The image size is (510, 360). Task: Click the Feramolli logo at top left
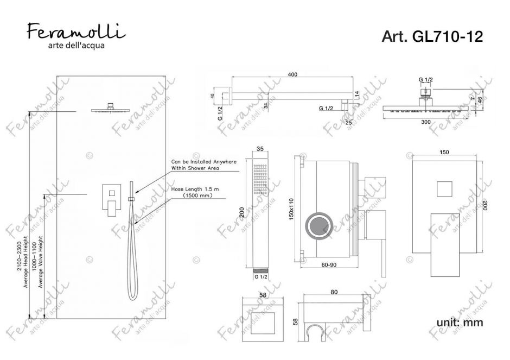click(74, 32)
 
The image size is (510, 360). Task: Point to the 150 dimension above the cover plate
click(444, 153)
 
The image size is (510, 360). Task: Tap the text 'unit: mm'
click(460, 323)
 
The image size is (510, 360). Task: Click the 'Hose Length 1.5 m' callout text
click(194, 190)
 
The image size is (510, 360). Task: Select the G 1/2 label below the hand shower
click(260, 276)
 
